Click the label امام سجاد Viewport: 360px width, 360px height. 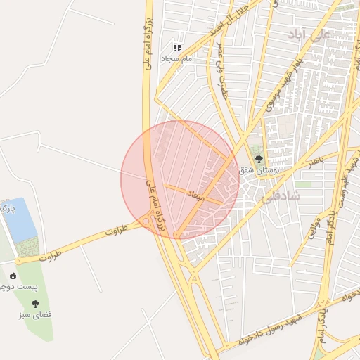[177, 58]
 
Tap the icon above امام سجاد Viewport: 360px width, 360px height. [177, 48]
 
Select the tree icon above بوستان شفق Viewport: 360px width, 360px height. [259, 159]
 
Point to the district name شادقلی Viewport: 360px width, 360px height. [281, 198]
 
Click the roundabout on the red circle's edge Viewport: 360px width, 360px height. [146, 221]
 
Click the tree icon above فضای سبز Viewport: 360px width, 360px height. [35, 304]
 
